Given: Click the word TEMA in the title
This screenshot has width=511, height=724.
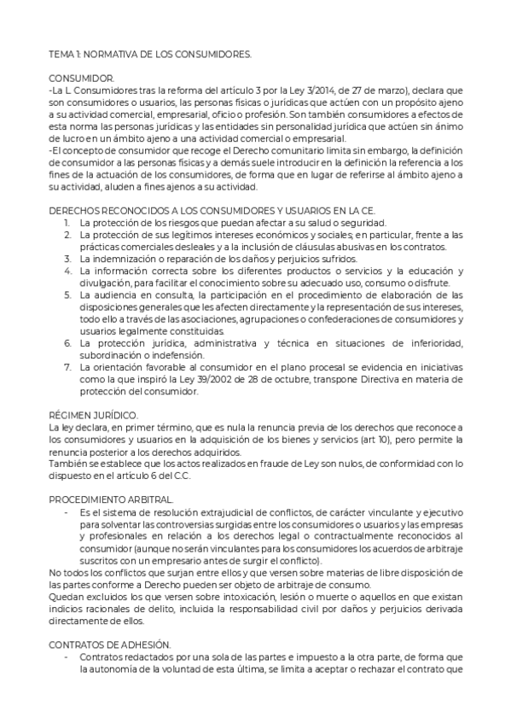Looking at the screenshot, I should coord(61,53).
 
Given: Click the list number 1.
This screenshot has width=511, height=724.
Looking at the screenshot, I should coord(67,222).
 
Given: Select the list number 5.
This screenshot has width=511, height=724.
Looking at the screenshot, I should coord(67,295).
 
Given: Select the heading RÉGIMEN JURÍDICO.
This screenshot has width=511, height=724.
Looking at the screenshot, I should coord(94,416).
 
